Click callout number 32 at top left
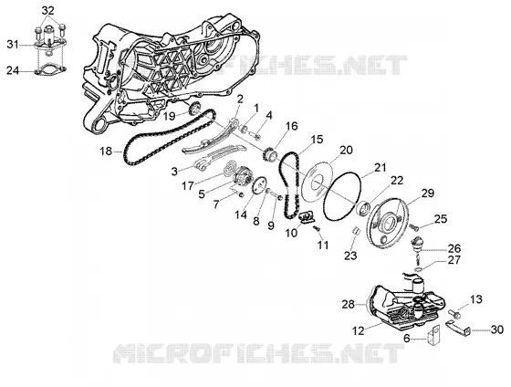coord(47,11)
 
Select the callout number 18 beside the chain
coord(106,152)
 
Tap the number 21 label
coord(380,168)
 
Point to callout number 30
coord(497,329)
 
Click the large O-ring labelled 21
coord(342,174)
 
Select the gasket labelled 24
coord(50,69)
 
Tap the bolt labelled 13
coord(455,314)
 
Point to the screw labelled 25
coord(414,226)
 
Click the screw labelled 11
coord(317,229)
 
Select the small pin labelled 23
coord(357,232)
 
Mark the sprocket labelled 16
coord(269,154)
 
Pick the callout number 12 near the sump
coord(358,331)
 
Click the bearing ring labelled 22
coord(364,208)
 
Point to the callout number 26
coord(454,248)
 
